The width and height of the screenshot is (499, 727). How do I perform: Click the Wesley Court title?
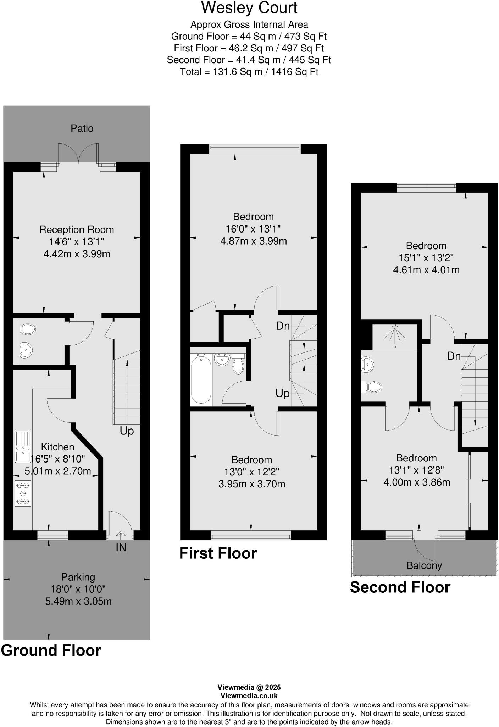click(x=249, y=8)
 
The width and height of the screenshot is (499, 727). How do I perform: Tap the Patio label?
click(x=82, y=128)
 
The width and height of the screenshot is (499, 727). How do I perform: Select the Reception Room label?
click(x=77, y=230)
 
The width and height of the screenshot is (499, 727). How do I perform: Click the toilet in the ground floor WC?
click(x=28, y=329)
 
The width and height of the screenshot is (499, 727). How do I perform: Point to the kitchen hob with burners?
click(x=23, y=493)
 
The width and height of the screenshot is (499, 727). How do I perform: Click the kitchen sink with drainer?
click(x=23, y=447)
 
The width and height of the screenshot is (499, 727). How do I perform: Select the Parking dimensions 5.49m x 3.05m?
click(x=78, y=601)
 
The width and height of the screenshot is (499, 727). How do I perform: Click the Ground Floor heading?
click(x=51, y=651)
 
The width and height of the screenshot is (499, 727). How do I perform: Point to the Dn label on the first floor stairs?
click(x=283, y=326)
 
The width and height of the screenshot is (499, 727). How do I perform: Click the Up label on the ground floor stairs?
click(x=127, y=431)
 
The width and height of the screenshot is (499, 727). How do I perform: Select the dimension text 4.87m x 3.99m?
click(x=254, y=241)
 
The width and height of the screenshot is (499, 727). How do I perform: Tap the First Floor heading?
click(x=218, y=553)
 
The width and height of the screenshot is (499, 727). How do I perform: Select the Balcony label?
click(x=424, y=566)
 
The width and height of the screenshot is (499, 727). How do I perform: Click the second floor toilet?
click(x=372, y=387)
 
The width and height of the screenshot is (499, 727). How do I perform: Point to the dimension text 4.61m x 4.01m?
click(x=426, y=270)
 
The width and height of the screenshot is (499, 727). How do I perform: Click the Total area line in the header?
click(x=249, y=72)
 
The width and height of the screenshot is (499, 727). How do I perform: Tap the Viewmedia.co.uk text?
click(x=249, y=696)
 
